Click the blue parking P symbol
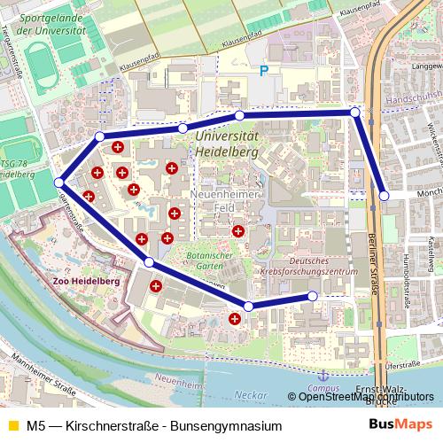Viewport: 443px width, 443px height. pyautogui.click(x=262, y=71)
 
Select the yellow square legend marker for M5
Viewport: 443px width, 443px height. pyautogui.click(x=12, y=426)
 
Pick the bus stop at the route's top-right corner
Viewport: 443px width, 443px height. pyautogui.click(x=354, y=113)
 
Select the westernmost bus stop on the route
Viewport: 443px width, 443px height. pyautogui.click(x=59, y=183)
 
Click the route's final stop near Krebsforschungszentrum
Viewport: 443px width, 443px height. pyautogui.click(x=313, y=297)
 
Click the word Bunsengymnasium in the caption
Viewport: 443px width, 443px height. pyautogui.click(x=225, y=426)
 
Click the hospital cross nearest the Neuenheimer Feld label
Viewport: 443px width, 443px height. pyautogui.click(x=237, y=231)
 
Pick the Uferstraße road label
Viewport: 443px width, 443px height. pyautogui.click(x=402, y=364)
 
